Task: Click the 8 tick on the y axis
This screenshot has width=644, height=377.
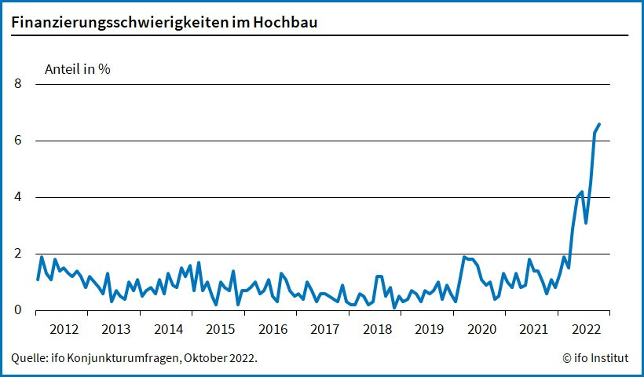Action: pyautogui.click(x=19, y=84)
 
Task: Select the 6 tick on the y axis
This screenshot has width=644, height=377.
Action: pyautogui.click(x=19, y=141)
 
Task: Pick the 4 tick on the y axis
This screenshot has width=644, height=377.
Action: pyautogui.click(x=19, y=197)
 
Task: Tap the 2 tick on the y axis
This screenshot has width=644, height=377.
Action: pyautogui.click(x=19, y=254)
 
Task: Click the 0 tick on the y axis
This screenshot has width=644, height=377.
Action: pyautogui.click(x=19, y=310)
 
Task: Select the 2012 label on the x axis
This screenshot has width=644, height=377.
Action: pyautogui.click(x=64, y=329)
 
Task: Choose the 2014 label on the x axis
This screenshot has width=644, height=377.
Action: pyautogui.click(x=168, y=329)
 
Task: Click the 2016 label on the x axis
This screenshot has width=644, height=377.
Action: pyautogui.click(x=273, y=329)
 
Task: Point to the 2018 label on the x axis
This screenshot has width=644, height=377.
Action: pyautogui.click(x=377, y=329)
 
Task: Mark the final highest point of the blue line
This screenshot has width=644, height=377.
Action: pyautogui.click(x=599, y=124)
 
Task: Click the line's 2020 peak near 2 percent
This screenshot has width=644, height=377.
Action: pyautogui.click(x=464, y=257)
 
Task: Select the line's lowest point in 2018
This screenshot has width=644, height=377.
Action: pyautogui.click(x=394, y=307)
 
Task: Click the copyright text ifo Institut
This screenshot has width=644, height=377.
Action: pyautogui.click(x=595, y=358)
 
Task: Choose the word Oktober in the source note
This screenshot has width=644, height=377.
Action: pyautogui.click(x=204, y=358)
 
